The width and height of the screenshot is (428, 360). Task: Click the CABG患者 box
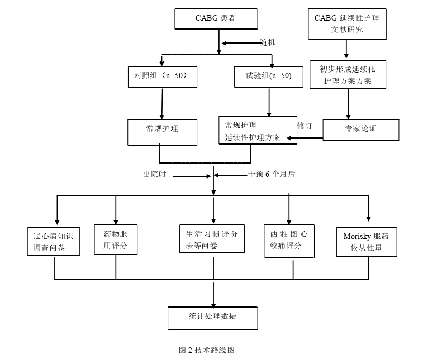(216, 18)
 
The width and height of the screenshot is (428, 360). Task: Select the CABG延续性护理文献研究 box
(346, 23)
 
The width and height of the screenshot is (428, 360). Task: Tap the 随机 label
(267, 42)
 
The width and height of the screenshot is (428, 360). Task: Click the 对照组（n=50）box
(162, 76)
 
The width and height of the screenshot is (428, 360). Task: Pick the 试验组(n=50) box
(269, 76)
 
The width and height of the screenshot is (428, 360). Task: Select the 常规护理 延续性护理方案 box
(257, 131)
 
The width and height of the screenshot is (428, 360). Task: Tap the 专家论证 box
(360, 129)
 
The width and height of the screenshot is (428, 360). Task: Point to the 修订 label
(305, 126)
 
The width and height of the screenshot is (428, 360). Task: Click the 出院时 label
(154, 175)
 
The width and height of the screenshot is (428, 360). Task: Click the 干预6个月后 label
(272, 174)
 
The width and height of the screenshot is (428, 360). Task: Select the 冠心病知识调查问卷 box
(53, 241)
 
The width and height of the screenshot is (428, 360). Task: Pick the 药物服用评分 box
(116, 239)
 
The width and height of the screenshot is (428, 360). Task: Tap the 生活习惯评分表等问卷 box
(212, 239)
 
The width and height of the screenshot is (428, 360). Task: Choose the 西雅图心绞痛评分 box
(289, 241)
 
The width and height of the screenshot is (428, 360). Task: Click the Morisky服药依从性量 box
(366, 242)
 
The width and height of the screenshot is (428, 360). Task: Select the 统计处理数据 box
(212, 317)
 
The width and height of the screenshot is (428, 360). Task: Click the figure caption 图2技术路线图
(206, 350)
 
